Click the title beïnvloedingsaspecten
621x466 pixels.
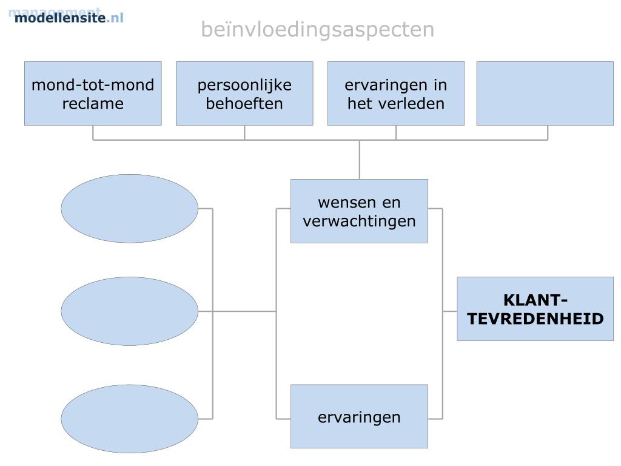coord(317,29)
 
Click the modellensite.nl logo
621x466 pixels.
coord(68,17)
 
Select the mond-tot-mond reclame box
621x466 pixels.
coord(93,93)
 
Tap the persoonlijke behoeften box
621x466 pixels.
coord(244,93)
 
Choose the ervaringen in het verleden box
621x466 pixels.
coord(396,93)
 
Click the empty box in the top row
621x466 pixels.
coord(545,93)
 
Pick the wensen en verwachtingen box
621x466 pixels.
coord(359,211)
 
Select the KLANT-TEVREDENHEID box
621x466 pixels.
coord(535,309)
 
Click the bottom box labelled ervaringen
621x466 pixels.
coord(359,417)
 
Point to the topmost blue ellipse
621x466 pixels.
coord(129,209)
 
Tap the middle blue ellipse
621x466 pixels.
coord(129,311)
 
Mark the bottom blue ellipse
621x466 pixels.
coord(129,419)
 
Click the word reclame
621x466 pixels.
coord(93,104)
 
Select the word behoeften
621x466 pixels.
coord(244,104)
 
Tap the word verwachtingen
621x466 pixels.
coord(359,221)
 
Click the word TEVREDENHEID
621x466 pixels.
coord(535,319)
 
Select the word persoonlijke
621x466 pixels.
coord(244,85)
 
